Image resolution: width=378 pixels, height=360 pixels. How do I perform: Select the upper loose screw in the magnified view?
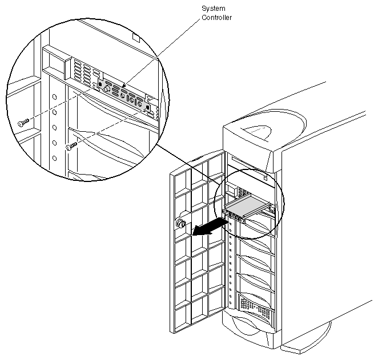point(22,122)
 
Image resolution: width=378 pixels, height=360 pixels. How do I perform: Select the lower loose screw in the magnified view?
point(71,147)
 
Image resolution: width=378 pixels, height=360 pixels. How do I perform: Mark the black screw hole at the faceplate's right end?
point(148,107)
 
